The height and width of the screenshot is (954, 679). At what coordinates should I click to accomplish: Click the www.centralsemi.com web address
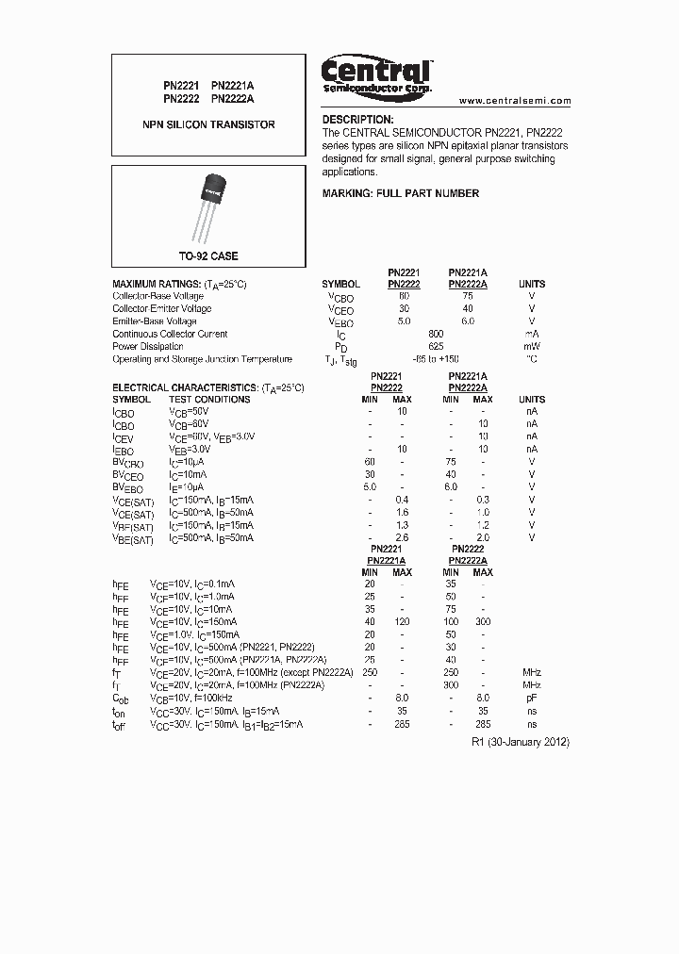515,101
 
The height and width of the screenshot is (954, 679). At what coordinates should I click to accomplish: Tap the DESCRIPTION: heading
357,120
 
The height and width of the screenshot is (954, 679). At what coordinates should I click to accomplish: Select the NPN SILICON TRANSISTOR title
208,124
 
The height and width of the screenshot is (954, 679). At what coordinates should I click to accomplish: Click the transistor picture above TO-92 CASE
211,204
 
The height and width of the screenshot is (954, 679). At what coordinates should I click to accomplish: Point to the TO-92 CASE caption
208,256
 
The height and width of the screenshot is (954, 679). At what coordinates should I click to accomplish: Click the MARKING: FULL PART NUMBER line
401,193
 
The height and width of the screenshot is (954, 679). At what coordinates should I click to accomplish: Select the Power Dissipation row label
149,346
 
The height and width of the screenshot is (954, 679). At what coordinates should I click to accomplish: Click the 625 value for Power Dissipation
436,346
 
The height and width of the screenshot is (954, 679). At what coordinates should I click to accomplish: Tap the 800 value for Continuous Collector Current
436,334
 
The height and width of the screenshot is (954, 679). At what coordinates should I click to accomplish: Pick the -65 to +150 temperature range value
436,359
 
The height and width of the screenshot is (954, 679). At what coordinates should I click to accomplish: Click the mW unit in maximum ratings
532,346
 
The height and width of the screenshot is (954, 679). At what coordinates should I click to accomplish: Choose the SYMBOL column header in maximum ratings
340,284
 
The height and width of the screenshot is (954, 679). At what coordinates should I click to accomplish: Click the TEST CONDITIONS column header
209,400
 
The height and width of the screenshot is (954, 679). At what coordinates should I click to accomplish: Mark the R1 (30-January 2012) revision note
520,742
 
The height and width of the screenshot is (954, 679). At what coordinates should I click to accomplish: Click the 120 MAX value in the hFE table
403,622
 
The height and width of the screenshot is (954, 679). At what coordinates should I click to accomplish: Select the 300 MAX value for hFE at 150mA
483,622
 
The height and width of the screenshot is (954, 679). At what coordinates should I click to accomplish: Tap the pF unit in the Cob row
532,698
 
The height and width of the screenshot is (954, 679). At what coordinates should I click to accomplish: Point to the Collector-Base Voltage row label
157,296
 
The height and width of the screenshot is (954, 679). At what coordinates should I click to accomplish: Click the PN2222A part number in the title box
233,97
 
